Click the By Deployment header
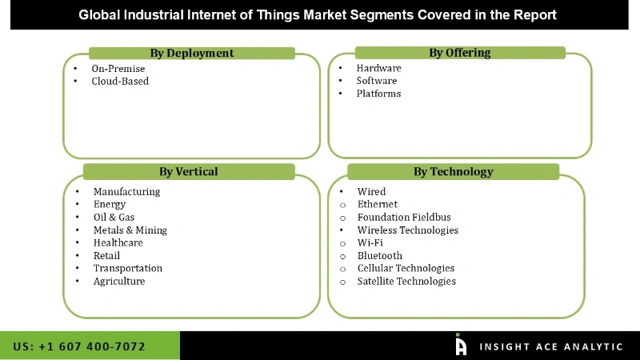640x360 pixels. click(x=192, y=53)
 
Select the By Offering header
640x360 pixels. click(x=460, y=53)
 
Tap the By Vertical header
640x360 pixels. click(x=188, y=171)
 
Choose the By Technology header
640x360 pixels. click(x=454, y=171)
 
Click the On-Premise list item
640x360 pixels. click(x=118, y=69)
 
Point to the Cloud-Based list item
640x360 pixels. click(x=120, y=81)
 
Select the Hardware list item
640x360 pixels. click(x=379, y=68)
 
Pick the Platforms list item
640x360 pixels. click(x=379, y=94)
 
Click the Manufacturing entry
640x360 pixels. click(x=126, y=192)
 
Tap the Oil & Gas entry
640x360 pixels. click(x=114, y=218)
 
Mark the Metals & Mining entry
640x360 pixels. click(x=130, y=230)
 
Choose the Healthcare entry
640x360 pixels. click(x=118, y=242)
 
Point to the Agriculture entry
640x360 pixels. click(x=119, y=281)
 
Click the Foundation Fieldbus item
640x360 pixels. click(x=404, y=218)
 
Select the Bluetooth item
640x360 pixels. click(x=380, y=256)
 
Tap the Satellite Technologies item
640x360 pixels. click(x=406, y=282)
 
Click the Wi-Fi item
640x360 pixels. click(x=370, y=243)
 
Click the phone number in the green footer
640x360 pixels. click(x=80, y=346)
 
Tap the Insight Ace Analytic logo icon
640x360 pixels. click(x=461, y=345)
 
